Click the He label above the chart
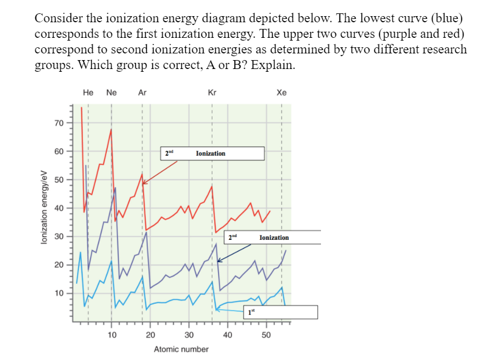tap(88, 93)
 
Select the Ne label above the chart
tap(111, 93)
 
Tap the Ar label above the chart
tap(142, 93)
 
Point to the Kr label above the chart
tap(212, 93)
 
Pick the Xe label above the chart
tap(281, 93)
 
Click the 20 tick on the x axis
tap(150, 334)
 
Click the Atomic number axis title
tap(181, 349)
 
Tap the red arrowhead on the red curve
tap(145, 182)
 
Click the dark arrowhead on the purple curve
tap(219, 260)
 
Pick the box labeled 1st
tap(283, 312)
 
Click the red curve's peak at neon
tap(111, 130)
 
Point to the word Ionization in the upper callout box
tap(211, 154)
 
